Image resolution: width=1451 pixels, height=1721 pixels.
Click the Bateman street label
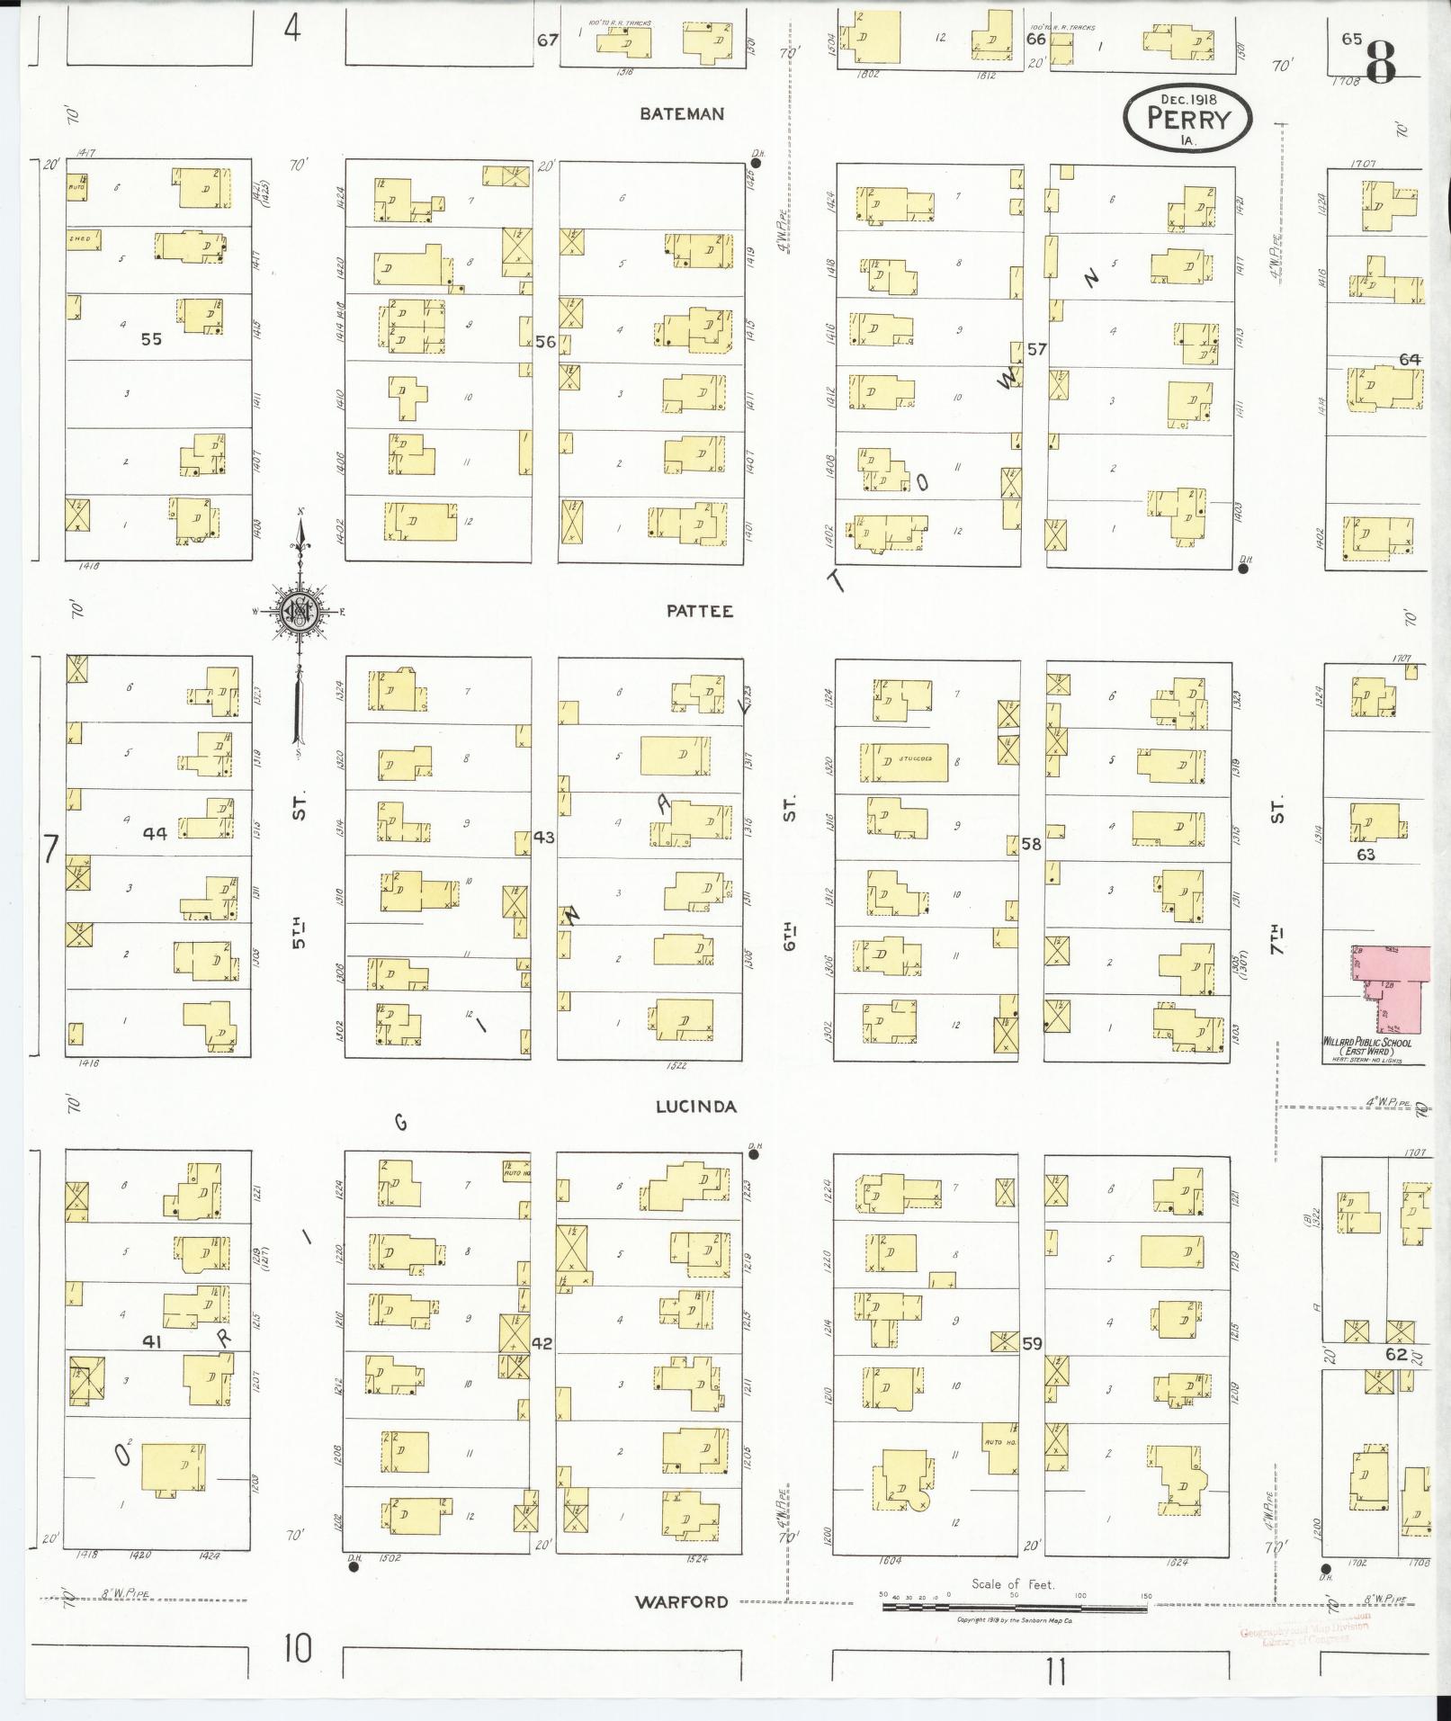pos(682,114)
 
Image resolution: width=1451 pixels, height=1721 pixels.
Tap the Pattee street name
pos(700,611)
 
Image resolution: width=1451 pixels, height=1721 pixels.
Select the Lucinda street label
pos(695,1107)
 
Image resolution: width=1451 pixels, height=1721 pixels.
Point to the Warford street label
pos(681,1601)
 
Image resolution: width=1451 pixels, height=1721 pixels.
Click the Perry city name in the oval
pos(1187,118)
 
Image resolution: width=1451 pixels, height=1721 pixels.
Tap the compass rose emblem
pos(298,613)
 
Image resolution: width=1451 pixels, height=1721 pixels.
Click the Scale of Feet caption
pos(1012,1584)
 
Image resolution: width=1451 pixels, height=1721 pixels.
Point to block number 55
pos(151,339)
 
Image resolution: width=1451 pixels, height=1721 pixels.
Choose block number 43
pos(543,837)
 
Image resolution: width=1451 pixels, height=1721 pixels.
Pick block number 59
pos(1031,1343)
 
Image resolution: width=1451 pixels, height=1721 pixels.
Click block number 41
pos(151,1340)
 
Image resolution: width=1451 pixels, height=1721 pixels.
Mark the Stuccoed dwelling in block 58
pos(900,761)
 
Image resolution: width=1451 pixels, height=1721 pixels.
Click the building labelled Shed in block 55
pos(84,239)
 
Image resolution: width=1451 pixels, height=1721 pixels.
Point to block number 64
pos(1409,359)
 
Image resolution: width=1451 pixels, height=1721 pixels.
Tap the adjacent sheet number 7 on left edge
pos(50,847)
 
